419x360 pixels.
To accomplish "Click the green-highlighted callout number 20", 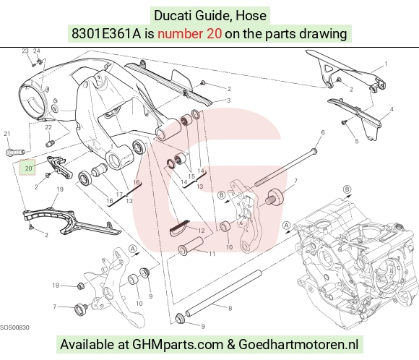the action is click(27, 168).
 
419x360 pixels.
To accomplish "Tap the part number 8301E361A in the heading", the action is click(105, 34).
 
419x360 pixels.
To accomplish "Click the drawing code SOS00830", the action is click(14, 327).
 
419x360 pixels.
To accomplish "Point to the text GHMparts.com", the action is click(178, 344).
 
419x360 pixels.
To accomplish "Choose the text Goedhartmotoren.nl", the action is click(298, 344).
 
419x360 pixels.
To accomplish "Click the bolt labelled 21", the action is click(15, 153).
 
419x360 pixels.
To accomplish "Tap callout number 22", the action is click(48, 127).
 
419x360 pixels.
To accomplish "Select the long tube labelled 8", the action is click(223, 293).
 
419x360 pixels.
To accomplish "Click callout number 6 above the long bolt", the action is click(323, 132).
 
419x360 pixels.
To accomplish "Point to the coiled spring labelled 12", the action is click(178, 228).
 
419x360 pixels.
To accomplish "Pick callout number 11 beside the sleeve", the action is click(212, 254).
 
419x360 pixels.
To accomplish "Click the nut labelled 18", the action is click(81, 286).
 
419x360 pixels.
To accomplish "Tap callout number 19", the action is click(60, 189).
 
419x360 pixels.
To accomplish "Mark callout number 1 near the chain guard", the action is click(386, 64).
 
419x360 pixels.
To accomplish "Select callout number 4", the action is click(392, 109).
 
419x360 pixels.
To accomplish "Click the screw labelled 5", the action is click(344, 122).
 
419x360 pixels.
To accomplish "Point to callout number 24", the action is click(37, 51).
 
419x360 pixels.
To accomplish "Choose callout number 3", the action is click(228, 100).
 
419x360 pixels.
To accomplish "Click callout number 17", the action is click(119, 194).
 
